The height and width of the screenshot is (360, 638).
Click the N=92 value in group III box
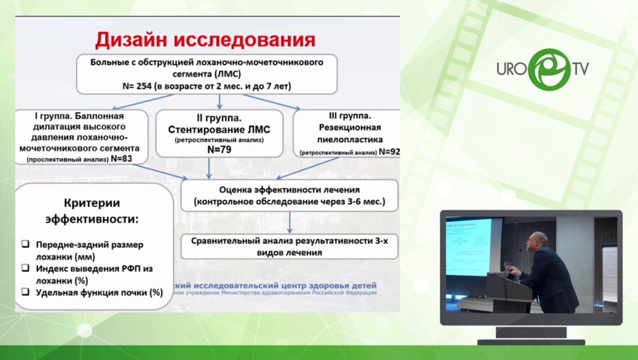390,152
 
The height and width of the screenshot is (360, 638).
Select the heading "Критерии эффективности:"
92,210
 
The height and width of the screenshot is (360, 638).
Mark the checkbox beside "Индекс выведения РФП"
26,269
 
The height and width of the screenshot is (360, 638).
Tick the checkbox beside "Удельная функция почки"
26,292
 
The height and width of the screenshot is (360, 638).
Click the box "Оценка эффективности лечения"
289,196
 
